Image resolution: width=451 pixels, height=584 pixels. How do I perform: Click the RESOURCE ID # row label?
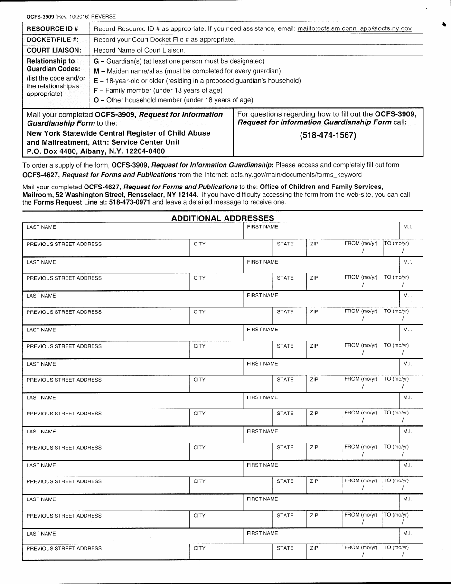pyautogui.click(x=52, y=28)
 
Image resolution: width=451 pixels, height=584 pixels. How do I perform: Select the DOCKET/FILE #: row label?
pyautogui.click(x=53, y=39)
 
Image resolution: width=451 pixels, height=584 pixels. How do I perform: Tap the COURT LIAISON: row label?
pyautogui.click(x=54, y=50)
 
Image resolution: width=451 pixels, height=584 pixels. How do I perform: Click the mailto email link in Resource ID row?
pyautogui.click(x=354, y=28)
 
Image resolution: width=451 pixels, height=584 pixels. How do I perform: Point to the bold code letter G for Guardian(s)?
pyautogui.click(x=96, y=61)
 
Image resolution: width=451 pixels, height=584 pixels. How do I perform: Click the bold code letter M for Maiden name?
pyautogui.click(x=96, y=71)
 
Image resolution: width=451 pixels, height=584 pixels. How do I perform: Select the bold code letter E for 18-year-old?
pyautogui.click(x=96, y=81)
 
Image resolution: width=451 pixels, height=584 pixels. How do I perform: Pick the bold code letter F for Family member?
pyautogui.click(x=96, y=90)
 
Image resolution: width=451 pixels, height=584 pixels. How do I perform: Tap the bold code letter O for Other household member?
pyautogui.click(x=96, y=100)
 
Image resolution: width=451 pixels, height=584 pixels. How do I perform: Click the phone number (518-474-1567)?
pyautogui.click(x=328, y=135)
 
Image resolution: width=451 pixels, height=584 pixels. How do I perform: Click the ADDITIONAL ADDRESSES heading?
pyautogui.click(x=223, y=218)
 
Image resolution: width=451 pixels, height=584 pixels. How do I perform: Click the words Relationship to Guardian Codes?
pyautogui.click(x=53, y=65)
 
